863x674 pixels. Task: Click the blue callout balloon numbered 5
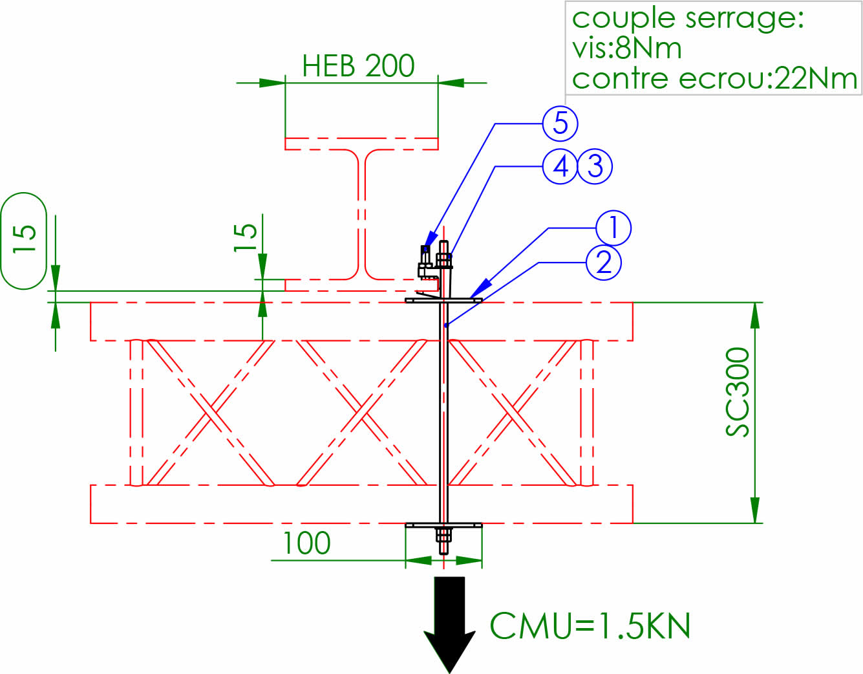pos(560,124)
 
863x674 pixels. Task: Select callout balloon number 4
pos(560,166)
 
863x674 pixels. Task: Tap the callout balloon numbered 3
pos(595,166)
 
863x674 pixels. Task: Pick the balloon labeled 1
pos(613,228)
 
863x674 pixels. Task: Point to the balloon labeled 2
pos(604,262)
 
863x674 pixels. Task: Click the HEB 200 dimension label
pos(358,66)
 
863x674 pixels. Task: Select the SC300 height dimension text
pos(738,392)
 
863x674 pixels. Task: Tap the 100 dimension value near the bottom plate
pos(307,543)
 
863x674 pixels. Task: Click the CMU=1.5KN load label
pos(590,626)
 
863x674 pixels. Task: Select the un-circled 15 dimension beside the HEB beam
pos(246,238)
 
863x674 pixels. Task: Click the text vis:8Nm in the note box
pos(626,49)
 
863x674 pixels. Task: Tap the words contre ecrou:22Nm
pos(714,79)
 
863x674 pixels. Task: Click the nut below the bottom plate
pos(443,535)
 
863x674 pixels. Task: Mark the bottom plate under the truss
pos(443,525)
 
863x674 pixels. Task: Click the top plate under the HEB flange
pos(443,299)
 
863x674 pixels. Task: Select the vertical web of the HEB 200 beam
pos(361,213)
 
